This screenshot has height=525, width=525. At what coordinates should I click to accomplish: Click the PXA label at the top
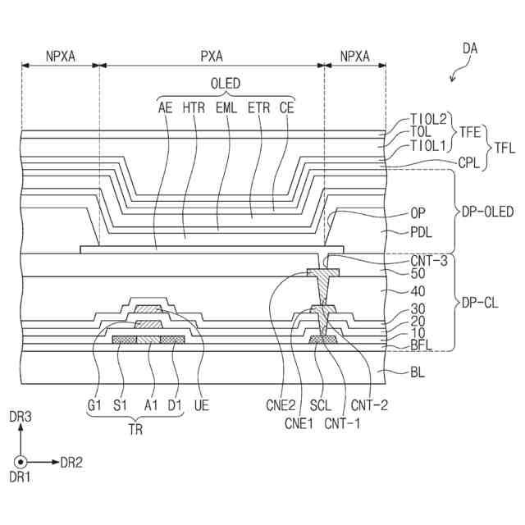(212, 57)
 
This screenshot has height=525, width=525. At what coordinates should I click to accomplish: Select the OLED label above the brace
(226, 84)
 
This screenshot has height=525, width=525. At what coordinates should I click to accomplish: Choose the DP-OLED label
(487, 212)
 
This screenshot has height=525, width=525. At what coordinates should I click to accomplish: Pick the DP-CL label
(480, 303)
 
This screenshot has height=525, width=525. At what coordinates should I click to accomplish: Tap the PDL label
(422, 232)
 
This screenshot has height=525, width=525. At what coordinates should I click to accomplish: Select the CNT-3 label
(429, 261)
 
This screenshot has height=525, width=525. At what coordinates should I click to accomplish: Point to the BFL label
(422, 346)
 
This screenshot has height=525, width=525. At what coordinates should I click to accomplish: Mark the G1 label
(94, 404)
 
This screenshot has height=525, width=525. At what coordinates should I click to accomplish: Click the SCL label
(321, 404)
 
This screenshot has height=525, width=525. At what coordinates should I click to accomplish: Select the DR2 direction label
(71, 463)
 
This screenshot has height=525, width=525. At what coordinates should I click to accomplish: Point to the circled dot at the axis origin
(21, 462)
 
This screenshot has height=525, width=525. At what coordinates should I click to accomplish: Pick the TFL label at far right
(503, 148)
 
